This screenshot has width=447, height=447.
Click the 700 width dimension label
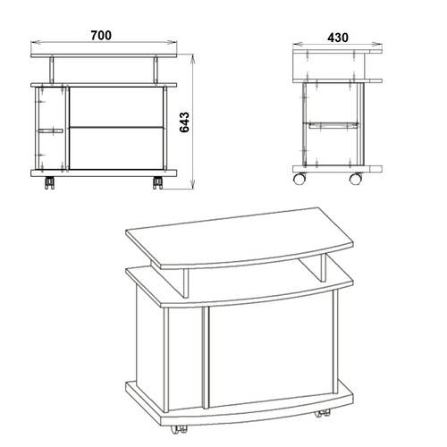[101, 35]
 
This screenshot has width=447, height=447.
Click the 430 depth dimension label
[338, 38]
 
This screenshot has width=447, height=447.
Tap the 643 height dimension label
[184, 122]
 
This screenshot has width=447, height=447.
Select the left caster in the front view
[49, 182]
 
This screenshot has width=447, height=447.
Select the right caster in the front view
[157, 182]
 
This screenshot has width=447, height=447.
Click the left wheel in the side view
[299, 178]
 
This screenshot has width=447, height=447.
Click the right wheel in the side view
[356, 178]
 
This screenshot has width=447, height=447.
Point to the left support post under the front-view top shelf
[52, 71]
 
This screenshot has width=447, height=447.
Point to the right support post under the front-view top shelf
[156, 71]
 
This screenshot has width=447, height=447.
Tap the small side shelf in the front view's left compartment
[51, 131]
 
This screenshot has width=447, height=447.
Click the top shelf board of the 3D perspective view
[240, 238]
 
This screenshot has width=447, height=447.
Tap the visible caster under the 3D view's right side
[322, 413]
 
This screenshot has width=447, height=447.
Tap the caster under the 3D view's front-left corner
[179, 429]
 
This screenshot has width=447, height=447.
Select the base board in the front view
[104, 173]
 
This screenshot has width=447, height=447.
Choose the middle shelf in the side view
[333, 125]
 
